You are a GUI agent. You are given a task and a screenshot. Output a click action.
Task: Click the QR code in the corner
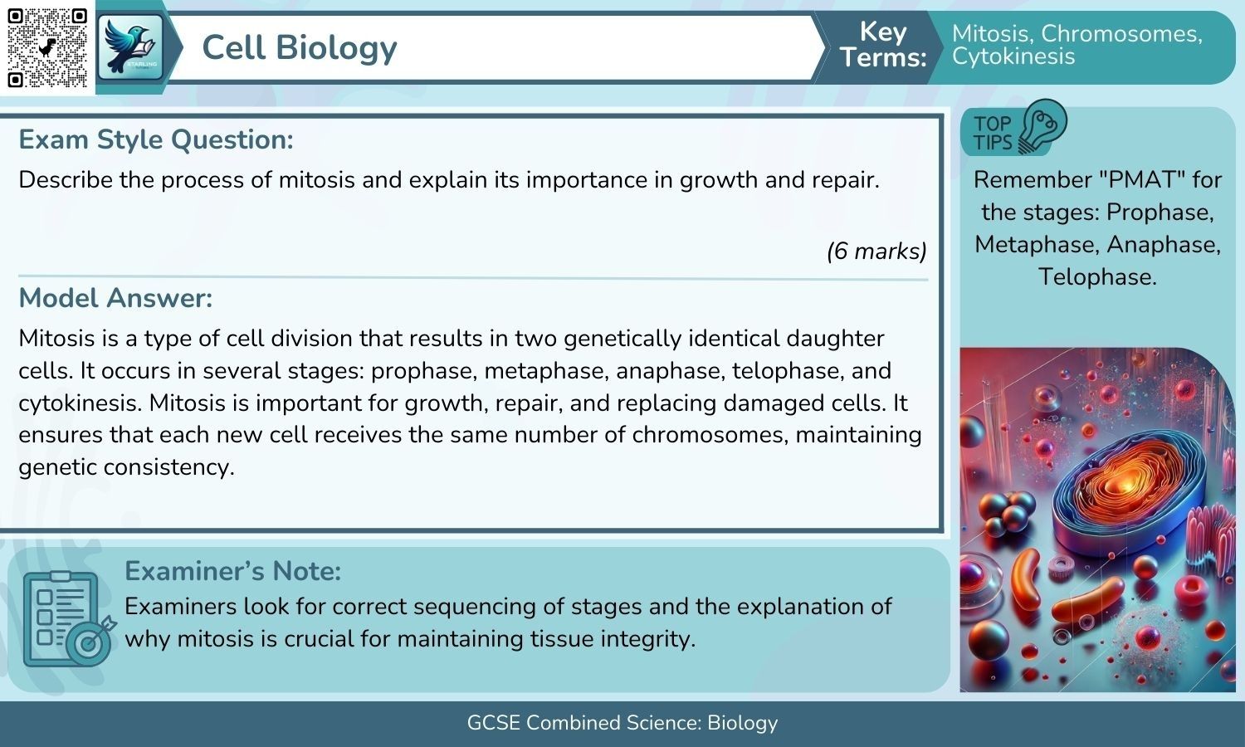tap(47, 47)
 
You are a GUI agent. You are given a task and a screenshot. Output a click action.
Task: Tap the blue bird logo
tap(129, 47)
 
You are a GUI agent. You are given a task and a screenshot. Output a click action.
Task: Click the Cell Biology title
tap(300, 47)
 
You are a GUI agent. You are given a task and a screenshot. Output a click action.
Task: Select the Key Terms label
tap(882, 45)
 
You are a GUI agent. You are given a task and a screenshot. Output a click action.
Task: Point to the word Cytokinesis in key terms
tap(1013, 56)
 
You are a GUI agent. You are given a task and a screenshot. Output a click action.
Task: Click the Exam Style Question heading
tap(156, 139)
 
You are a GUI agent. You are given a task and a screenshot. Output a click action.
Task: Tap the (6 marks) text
tap(876, 251)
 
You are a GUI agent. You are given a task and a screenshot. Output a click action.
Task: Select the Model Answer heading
tap(115, 298)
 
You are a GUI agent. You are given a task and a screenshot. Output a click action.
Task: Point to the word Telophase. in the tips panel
tap(1097, 276)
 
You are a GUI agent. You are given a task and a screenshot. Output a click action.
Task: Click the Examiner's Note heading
tap(232, 571)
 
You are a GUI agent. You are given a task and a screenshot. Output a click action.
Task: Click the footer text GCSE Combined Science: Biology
tap(622, 723)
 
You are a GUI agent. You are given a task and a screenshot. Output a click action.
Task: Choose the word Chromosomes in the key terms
tap(1121, 33)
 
